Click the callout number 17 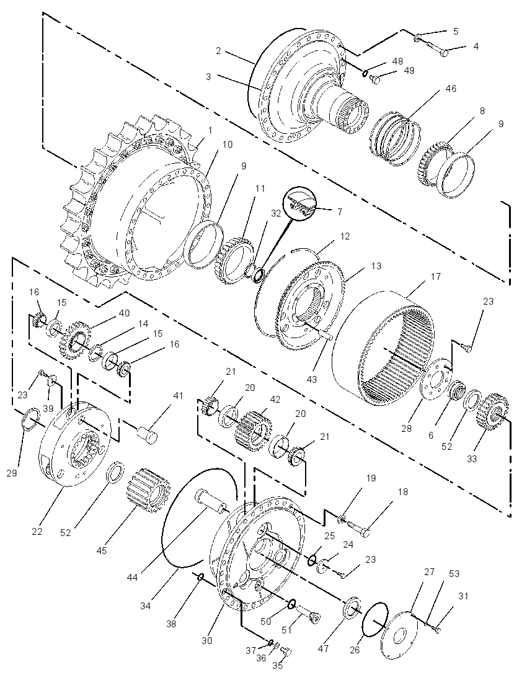coord(435,276)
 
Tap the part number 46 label coord(451,89)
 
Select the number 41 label coord(178,395)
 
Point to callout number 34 coord(146,606)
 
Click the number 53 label coord(454,574)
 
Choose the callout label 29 coord(12,473)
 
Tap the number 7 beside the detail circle coord(340,212)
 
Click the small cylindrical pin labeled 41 coord(148,434)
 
